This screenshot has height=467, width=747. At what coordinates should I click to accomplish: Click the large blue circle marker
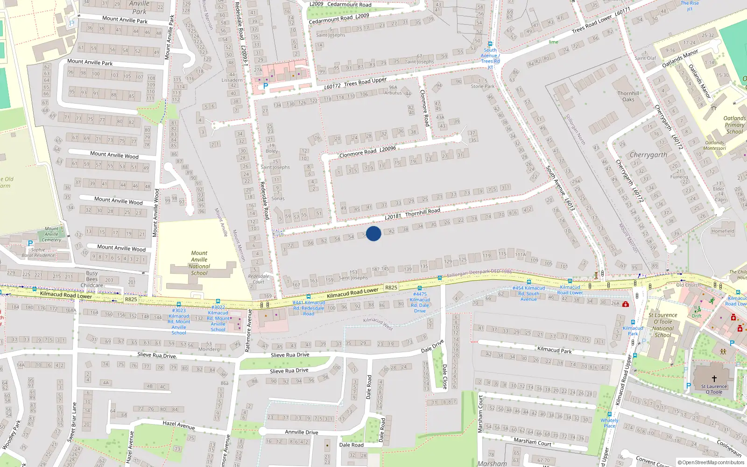373,233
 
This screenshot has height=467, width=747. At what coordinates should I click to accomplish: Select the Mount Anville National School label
199,263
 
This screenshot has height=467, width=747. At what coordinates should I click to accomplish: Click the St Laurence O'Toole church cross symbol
714,379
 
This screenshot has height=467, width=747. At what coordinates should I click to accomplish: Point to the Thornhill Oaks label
628,96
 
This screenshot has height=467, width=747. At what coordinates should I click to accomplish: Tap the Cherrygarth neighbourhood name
648,155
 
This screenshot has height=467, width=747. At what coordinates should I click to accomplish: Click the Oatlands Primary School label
734,125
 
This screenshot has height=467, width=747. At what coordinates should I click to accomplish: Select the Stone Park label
482,86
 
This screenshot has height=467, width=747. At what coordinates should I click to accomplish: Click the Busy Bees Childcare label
92,279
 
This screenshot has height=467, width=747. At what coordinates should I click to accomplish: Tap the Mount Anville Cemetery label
51,234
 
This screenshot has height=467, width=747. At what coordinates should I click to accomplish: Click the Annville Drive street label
302,432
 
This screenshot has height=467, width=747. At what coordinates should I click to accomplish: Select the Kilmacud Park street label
554,350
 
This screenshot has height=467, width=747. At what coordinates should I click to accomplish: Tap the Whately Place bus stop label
609,423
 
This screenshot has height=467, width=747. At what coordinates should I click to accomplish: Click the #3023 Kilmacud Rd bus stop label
179,321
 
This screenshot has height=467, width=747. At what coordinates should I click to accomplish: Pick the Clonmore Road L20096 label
367,152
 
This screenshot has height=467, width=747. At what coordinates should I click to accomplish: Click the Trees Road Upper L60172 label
356,83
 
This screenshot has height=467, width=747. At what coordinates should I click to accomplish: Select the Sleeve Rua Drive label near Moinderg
157,355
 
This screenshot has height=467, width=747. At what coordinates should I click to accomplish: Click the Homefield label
723,231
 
